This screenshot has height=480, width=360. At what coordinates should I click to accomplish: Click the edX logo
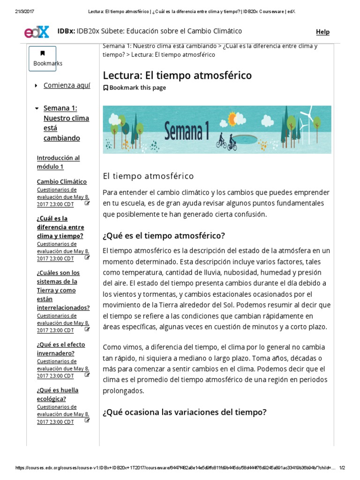(x=37, y=32)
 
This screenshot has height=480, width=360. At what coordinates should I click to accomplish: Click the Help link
(x=322, y=32)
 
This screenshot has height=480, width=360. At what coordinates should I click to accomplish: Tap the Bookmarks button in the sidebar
(x=42, y=59)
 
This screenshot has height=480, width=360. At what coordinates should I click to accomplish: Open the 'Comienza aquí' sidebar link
(x=67, y=85)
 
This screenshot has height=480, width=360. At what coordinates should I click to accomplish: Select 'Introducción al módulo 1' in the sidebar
(x=58, y=162)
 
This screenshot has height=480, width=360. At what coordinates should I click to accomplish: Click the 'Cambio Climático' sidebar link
(x=61, y=181)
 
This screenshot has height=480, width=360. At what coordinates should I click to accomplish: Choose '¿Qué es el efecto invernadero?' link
(x=61, y=349)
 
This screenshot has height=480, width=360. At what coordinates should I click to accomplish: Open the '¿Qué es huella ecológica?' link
(x=58, y=394)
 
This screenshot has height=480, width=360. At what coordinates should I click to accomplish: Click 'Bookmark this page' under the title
(x=135, y=88)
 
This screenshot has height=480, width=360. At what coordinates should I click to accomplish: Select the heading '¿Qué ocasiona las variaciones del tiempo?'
(x=185, y=412)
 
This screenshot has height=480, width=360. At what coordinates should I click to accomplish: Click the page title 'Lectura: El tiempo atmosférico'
(x=177, y=75)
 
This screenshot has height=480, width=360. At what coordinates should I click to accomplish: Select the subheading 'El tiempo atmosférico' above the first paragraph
(x=148, y=176)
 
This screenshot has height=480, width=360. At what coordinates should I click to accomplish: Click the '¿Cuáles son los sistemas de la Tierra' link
(x=63, y=290)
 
